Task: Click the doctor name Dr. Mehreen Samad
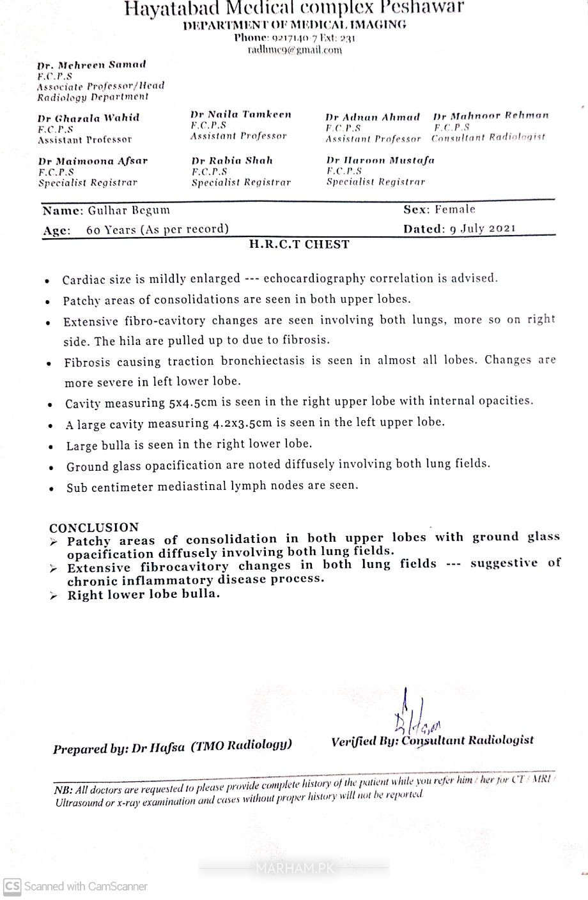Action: coord(91,65)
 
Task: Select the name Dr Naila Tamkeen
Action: coord(240,114)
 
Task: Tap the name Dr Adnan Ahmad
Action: coord(373,118)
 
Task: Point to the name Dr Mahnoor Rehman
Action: coord(490,116)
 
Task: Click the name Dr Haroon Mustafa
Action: coord(380,160)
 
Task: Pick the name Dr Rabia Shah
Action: coord(232,160)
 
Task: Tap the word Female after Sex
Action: coord(455,209)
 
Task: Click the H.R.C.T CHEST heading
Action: coord(299,244)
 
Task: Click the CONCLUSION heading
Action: coord(94,528)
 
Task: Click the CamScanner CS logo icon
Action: coord(12,886)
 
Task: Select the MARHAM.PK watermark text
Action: coord(293,868)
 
